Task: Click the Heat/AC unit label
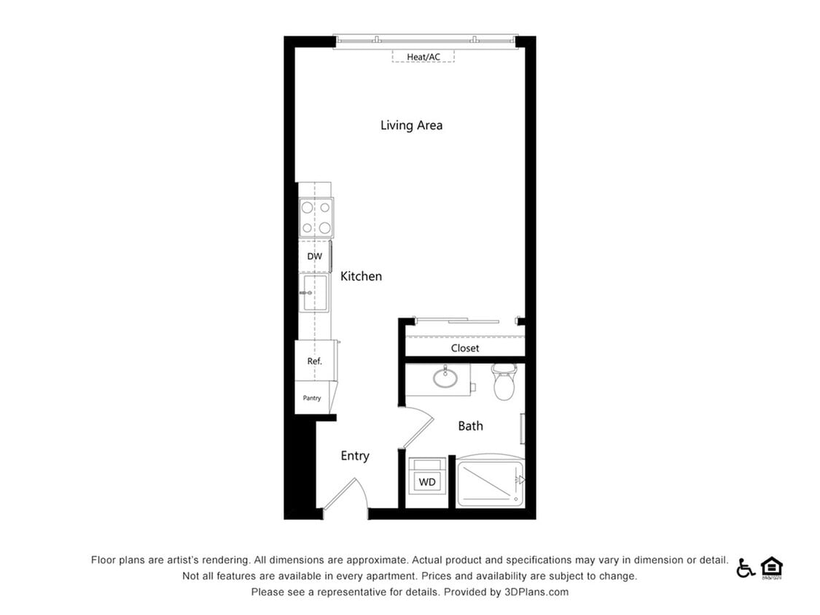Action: pyautogui.click(x=423, y=56)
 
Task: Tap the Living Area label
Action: pyautogui.click(x=411, y=125)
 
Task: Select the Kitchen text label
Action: pyautogui.click(x=361, y=276)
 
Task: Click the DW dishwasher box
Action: pyautogui.click(x=314, y=256)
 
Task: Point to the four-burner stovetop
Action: pyautogui.click(x=316, y=217)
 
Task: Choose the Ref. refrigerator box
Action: pyautogui.click(x=314, y=361)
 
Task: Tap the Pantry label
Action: pyautogui.click(x=312, y=398)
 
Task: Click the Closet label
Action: pyautogui.click(x=465, y=348)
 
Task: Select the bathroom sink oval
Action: pyautogui.click(x=445, y=378)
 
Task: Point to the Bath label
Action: pyautogui.click(x=470, y=426)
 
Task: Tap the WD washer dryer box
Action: pyautogui.click(x=427, y=482)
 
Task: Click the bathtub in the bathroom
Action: pyautogui.click(x=490, y=482)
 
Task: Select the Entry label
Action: pyautogui.click(x=355, y=456)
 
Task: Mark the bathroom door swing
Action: pyautogui.click(x=417, y=428)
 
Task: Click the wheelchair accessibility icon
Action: pyautogui.click(x=745, y=568)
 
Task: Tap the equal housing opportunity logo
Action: pyautogui.click(x=771, y=568)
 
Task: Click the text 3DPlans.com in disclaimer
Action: pyautogui.click(x=536, y=592)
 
